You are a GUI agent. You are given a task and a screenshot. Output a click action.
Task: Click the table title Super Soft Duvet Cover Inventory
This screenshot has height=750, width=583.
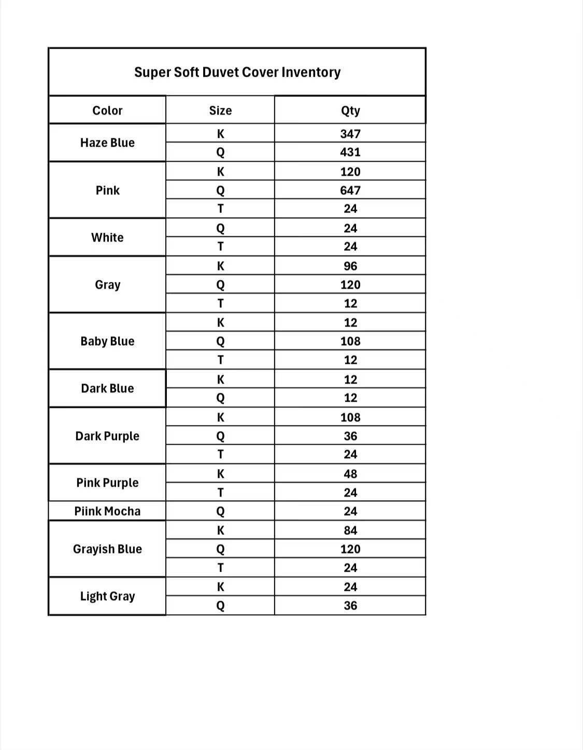click(237, 72)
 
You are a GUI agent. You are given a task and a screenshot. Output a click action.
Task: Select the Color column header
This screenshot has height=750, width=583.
click(107, 110)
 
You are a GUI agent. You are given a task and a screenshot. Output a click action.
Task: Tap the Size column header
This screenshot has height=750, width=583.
click(220, 110)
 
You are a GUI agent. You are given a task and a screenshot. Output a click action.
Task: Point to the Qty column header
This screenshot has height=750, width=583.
click(350, 110)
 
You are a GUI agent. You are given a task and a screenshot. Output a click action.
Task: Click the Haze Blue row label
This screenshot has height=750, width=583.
click(107, 143)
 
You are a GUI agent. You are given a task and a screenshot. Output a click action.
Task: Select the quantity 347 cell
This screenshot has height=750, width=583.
click(350, 134)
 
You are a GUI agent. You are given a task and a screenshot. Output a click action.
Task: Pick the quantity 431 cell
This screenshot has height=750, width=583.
click(350, 152)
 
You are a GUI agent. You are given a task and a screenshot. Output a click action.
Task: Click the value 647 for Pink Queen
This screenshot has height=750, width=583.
click(350, 190)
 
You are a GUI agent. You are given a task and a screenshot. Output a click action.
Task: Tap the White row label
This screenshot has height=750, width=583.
click(107, 237)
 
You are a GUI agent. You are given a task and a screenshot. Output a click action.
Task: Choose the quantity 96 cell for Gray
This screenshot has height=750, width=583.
click(350, 266)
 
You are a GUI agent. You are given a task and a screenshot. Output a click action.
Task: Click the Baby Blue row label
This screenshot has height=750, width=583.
click(107, 341)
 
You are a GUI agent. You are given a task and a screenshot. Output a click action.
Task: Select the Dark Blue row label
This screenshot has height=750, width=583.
click(107, 388)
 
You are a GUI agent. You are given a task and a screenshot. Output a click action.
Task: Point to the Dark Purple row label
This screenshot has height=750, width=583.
click(107, 436)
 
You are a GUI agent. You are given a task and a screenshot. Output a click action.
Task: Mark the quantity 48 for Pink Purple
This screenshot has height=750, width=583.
click(350, 474)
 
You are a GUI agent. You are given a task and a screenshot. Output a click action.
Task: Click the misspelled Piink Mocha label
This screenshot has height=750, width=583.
click(107, 511)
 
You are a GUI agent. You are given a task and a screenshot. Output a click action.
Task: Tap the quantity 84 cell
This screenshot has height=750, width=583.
click(350, 530)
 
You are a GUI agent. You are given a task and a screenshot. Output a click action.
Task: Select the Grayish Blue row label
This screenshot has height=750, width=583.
click(107, 549)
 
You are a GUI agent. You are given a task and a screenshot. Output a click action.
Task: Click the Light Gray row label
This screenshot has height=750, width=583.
click(107, 596)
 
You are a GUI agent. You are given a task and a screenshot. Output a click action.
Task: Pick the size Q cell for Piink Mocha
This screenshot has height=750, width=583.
click(220, 511)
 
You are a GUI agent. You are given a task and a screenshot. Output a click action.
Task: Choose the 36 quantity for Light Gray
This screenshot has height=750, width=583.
click(350, 605)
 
